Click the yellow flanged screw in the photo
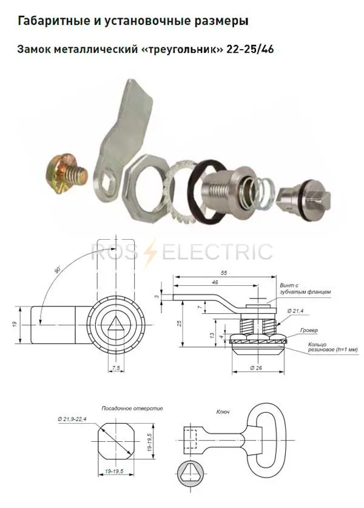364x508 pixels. tap(66, 174)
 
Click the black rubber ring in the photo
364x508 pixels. tap(207, 192)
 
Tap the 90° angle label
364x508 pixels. tap(58, 269)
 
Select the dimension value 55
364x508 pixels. tap(224, 273)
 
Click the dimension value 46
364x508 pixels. tap(215, 282)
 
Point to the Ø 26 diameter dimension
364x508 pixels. tap(256, 367)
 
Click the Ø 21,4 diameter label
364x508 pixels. tap(295, 311)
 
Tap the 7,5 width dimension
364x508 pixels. tap(116, 368)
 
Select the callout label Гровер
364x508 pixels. tap(309, 330)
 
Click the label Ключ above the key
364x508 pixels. tap(223, 411)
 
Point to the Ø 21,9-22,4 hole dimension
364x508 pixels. tap(72, 419)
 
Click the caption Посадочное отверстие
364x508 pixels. tap(132, 408)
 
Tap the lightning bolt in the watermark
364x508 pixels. tap(151, 252)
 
